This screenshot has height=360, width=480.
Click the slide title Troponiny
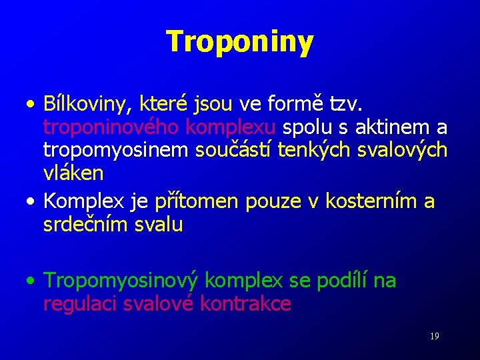[239, 41]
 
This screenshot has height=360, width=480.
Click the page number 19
[434, 337]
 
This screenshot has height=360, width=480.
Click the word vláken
[73, 173]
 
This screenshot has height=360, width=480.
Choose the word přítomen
[197, 201]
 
